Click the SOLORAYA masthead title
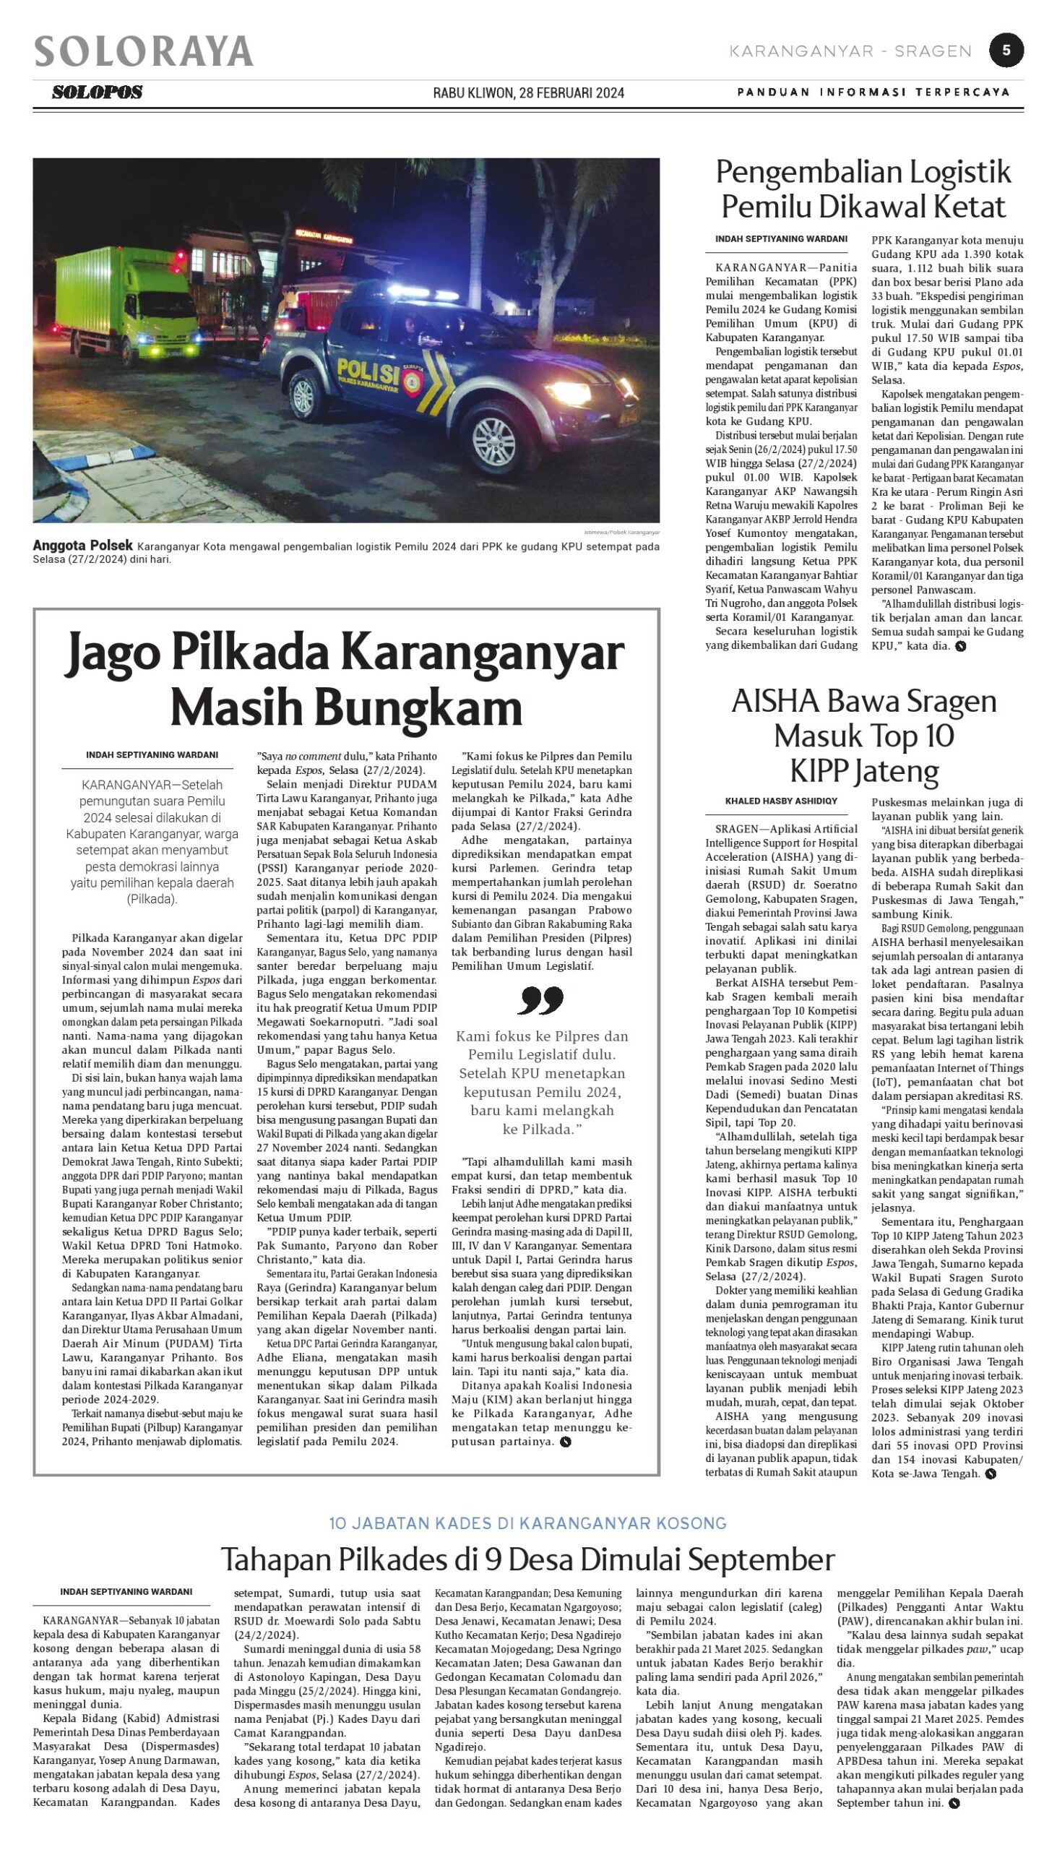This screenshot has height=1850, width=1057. pyautogui.click(x=144, y=51)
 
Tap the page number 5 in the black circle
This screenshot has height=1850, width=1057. pyautogui.click(x=1006, y=50)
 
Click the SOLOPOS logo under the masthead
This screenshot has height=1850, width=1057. pyautogui.click(x=98, y=92)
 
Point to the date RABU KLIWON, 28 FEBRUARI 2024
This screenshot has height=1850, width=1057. pyautogui.click(x=529, y=93)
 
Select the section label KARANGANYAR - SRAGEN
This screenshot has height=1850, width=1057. pyautogui.click(x=850, y=51)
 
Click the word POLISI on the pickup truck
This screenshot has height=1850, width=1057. pyautogui.click(x=368, y=372)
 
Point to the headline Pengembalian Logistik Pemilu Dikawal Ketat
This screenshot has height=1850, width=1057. pyautogui.click(x=863, y=189)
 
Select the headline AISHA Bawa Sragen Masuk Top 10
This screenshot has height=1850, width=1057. pyautogui.click(x=864, y=735)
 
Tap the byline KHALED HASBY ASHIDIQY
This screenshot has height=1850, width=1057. pyautogui.click(x=781, y=801)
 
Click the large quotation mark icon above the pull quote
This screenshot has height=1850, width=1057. pyautogui.click(x=541, y=999)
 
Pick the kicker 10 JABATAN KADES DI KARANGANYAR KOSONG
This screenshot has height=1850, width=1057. pyautogui.click(x=527, y=1523)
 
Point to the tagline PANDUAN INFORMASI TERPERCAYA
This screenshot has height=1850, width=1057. pyautogui.click(x=873, y=92)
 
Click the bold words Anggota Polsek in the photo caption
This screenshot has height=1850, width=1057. pyautogui.click(x=83, y=546)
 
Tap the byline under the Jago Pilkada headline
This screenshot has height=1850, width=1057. pyautogui.click(x=152, y=755)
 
